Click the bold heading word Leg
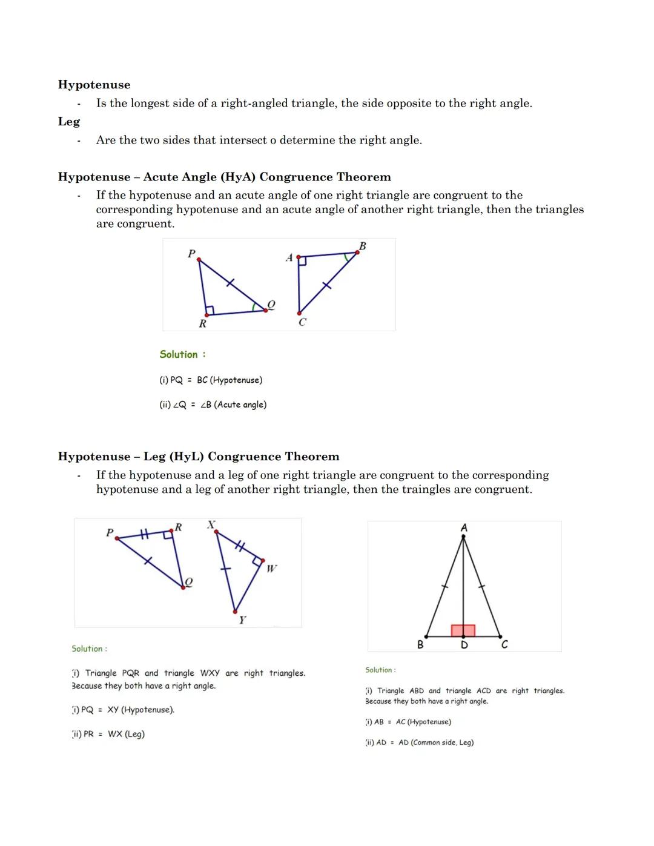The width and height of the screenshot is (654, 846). click(69, 122)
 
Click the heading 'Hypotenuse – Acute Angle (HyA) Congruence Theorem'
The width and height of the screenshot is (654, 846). click(224, 177)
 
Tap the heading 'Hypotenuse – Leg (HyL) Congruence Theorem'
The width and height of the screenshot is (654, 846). click(199, 457)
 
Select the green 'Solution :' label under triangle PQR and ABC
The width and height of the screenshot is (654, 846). click(182, 354)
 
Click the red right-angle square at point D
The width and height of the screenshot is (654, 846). click(463, 630)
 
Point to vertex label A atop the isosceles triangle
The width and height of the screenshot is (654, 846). click(464, 528)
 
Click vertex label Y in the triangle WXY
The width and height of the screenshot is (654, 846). click(242, 620)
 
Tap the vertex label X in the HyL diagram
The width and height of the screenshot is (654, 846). click(211, 524)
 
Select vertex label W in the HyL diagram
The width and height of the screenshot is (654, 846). click(271, 568)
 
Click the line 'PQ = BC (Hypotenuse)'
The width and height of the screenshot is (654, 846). click(211, 380)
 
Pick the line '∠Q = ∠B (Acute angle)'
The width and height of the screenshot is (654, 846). click(213, 405)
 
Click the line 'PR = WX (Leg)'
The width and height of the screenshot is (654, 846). click(108, 734)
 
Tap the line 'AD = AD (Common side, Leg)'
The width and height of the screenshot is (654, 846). click(420, 742)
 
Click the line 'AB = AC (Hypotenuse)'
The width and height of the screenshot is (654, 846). click(408, 722)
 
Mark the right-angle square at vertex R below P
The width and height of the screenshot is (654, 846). click(210, 311)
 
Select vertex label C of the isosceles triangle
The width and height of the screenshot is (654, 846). click(504, 645)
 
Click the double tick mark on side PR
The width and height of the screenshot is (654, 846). click(144, 534)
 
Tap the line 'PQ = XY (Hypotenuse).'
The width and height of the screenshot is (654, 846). click(124, 710)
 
